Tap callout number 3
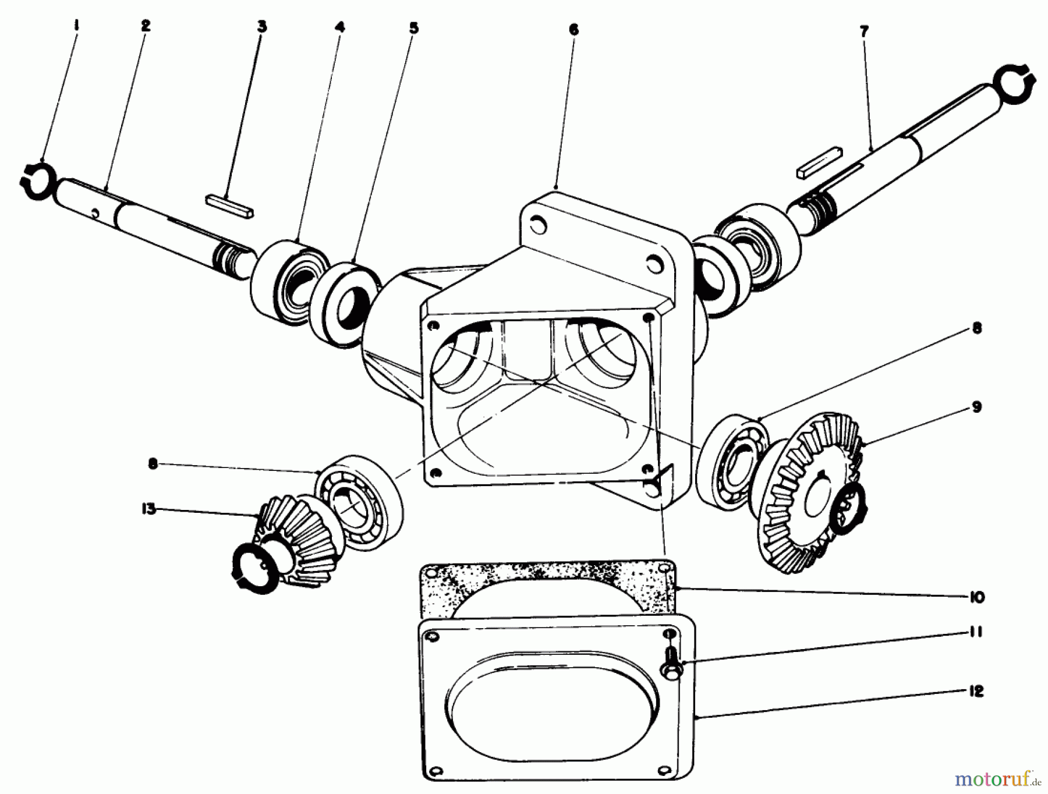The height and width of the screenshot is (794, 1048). point(262,27)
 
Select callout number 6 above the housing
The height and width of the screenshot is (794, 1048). point(573,30)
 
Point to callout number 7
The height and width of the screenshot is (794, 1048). point(863,31)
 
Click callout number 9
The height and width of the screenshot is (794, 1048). point(976,407)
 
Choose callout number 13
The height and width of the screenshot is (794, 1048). point(148,509)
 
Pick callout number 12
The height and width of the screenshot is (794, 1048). point(976,692)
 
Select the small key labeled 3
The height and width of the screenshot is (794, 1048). point(229,206)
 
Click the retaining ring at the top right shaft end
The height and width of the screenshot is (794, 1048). point(1014,81)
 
